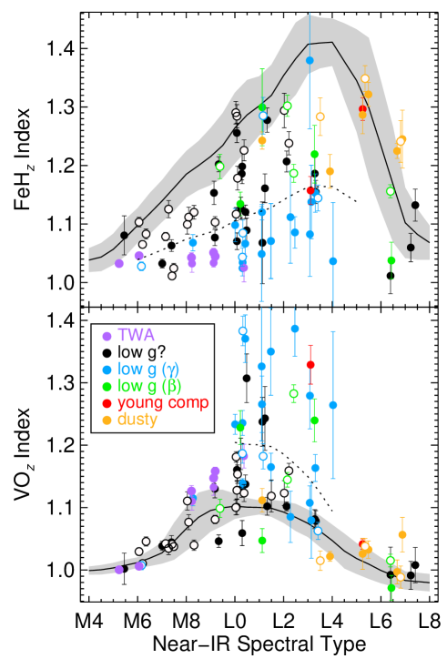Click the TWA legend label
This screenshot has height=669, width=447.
[136, 335]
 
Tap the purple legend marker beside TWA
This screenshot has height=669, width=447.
[107, 336]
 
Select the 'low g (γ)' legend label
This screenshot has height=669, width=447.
[148, 370]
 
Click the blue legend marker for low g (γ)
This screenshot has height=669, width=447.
[107, 370]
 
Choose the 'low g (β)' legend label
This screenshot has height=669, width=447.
[148, 386]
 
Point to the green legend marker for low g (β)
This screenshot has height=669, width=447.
[107, 387]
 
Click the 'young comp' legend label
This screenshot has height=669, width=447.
[163, 402]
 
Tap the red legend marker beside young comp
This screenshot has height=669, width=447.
[107, 403]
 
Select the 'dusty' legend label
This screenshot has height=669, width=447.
[137, 420]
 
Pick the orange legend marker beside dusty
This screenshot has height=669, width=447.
[107, 421]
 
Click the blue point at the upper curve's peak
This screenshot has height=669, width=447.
[310, 60]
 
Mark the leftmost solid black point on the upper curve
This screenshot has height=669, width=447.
[124, 235]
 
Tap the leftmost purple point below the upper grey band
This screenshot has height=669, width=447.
[119, 263]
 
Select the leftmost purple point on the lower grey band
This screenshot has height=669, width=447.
[119, 570]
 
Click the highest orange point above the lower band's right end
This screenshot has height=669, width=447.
[401, 534]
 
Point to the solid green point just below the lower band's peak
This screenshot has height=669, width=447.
[262, 540]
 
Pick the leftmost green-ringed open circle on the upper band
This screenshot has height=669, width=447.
[219, 166]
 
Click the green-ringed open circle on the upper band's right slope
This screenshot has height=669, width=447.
[391, 191]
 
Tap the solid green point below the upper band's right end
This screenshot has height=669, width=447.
[391, 259]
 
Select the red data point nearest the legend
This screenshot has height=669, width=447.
[310, 364]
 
